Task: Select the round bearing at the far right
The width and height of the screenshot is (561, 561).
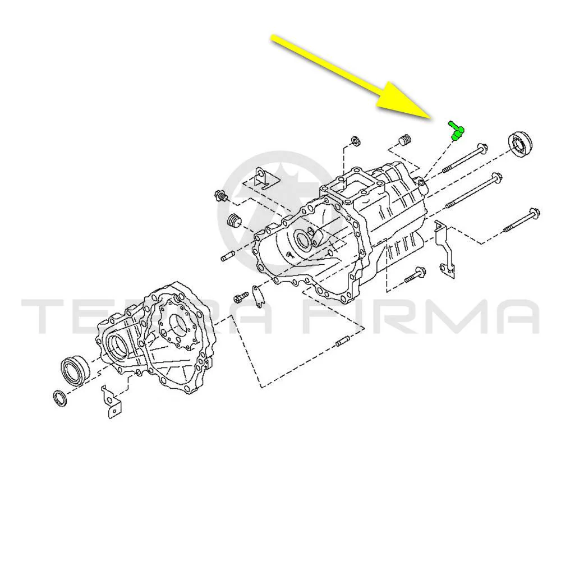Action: click(520, 144)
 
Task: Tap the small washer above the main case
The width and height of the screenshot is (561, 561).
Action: click(356, 141)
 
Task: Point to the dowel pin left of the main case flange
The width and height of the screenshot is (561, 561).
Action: click(227, 256)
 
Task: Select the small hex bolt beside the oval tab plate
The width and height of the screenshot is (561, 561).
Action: click(241, 297)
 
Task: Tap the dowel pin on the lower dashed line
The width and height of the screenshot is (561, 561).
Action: click(343, 341)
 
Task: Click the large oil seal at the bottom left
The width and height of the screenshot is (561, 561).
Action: click(75, 370)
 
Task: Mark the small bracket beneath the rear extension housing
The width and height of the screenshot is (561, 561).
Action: click(111, 402)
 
